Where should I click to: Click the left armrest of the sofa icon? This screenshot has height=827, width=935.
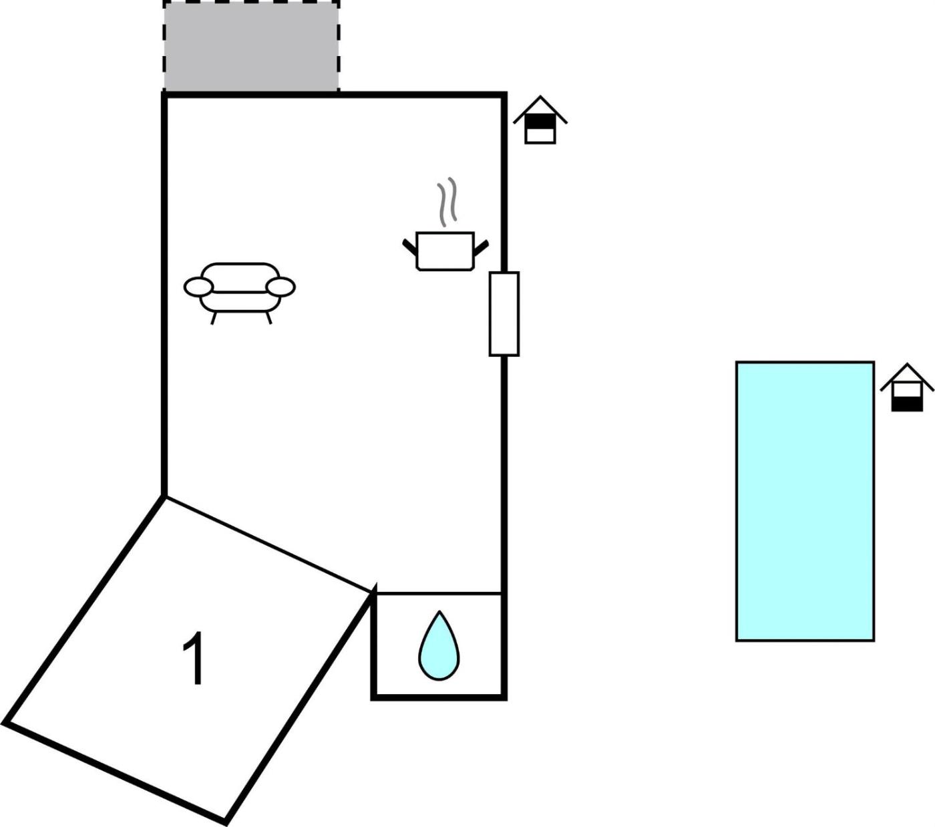tap(199, 287)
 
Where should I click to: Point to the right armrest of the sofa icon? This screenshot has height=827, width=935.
tap(280, 287)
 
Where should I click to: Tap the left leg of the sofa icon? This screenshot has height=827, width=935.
tap(213, 318)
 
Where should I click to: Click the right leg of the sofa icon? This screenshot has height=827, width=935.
tap(269, 318)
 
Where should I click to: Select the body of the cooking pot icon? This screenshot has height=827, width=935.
tap(445, 251)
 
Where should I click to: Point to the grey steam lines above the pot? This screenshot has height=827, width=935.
tap(447, 201)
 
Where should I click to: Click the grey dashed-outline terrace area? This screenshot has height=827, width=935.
tap(252, 46)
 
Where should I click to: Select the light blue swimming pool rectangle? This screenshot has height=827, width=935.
tap(805, 501)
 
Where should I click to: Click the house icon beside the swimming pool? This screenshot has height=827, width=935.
tap(907, 387)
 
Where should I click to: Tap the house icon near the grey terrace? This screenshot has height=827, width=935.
tap(540, 120)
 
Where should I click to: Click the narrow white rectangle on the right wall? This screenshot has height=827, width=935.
tap(504, 314)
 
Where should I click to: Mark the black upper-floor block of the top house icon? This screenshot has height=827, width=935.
tap(540, 122)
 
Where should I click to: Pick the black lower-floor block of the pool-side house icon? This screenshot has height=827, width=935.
tap(907, 404)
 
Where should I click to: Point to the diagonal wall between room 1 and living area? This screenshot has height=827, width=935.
tap(268, 544)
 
